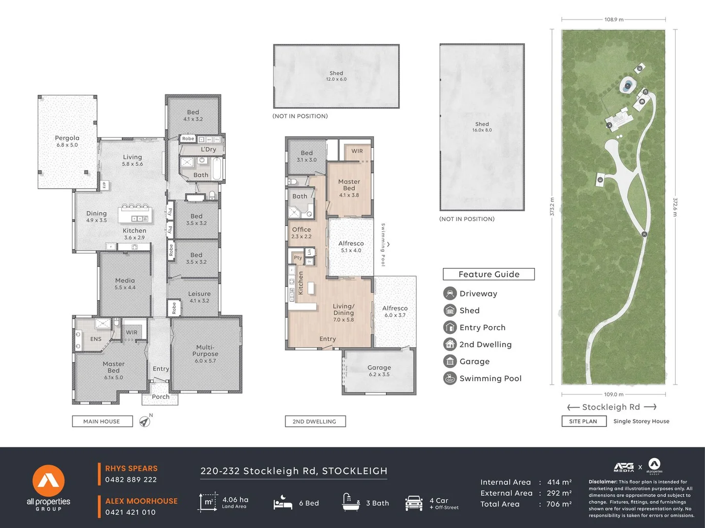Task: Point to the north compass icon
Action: coord(145,421)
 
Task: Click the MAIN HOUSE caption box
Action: coord(102,421)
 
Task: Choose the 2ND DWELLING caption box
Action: coord(315,421)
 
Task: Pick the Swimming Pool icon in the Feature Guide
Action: coord(449,378)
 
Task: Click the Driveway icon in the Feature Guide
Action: coord(449,293)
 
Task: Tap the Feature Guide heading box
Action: coord(489,274)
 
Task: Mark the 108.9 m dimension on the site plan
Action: coord(614,20)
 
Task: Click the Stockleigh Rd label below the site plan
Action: coord(611,407)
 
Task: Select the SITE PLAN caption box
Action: coord(583,421)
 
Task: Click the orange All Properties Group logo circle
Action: coord(48,481)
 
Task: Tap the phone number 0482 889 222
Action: coord(131,480)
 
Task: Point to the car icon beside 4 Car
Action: coord(414,503)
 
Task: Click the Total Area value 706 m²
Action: coord(559,504)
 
